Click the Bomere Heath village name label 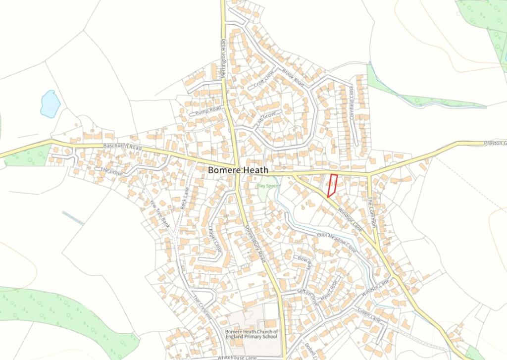pyautogui.click(x=238, y=170)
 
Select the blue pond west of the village pyautogui.click(x=50, y=103)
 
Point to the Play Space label pyautogui.click(x=268, y=186)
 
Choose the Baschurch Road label pyautogui.click(x=122, y=148)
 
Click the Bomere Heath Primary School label pyautogui.click(x=252, y=334)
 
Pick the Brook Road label pyautogui.click(x=293, y=77)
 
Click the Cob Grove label pyautogui.click(x=265, y=120)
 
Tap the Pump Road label pyautogui.click(x=208, y=110)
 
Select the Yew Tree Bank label pyautogui.click(x=160, y=213)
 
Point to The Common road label pyautogui.click(x=372, y=212)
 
